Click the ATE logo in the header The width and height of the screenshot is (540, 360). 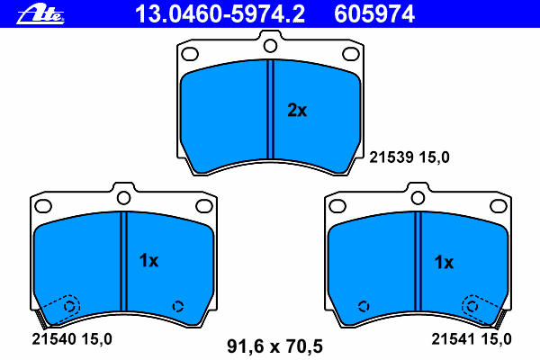40,14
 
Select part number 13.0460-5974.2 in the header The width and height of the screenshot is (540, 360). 220,14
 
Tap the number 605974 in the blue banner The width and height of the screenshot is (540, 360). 374,14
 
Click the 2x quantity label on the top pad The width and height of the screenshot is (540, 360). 297,110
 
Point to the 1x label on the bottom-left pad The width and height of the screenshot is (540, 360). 148,261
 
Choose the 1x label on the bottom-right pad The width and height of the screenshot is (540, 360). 444,262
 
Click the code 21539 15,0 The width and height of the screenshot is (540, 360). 409,157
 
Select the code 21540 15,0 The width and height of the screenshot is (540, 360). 72,339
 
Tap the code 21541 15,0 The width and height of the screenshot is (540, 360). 472,339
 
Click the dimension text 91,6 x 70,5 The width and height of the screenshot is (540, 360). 274,346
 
